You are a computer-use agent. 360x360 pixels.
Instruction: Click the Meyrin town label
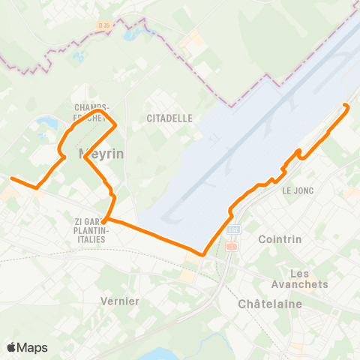point(100,154)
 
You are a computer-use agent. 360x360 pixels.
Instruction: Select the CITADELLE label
point(169,118)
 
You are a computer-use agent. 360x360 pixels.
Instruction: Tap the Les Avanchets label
point(308,278)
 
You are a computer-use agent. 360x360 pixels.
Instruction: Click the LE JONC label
point(296,191)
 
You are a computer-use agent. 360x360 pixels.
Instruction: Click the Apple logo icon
point(12,347)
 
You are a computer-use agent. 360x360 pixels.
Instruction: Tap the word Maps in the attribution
point(32,347)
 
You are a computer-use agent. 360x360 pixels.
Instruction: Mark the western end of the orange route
point(11,178)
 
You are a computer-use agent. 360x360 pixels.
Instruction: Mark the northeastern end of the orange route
point(345,105)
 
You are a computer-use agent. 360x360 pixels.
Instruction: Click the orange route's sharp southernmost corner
point(203,254)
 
